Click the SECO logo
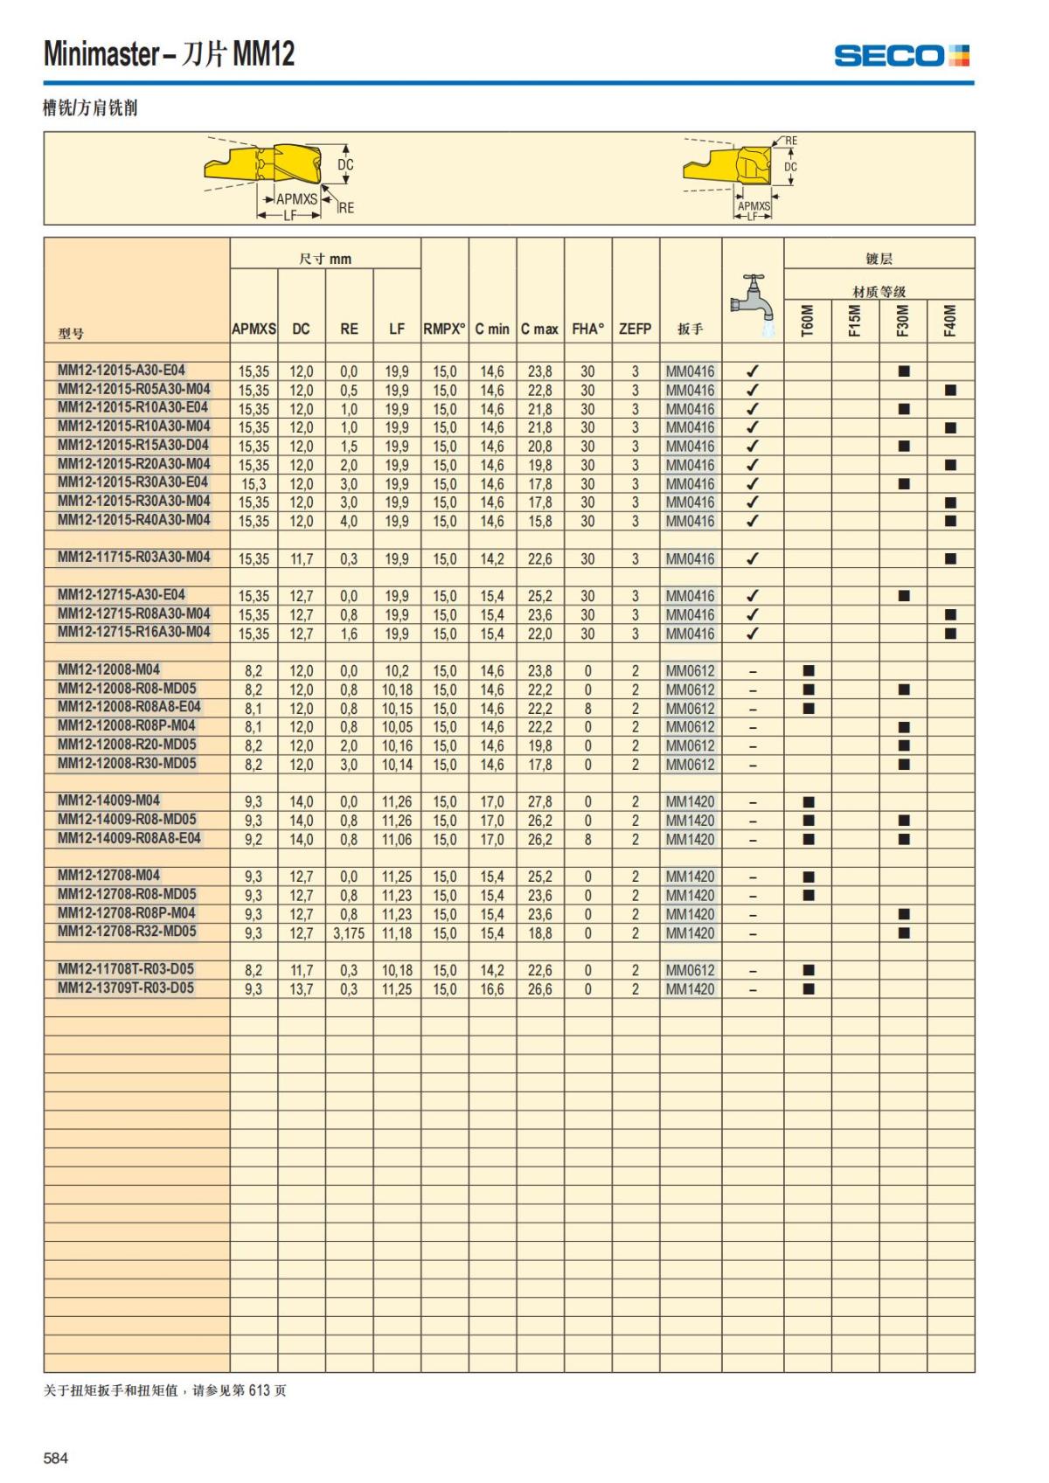(901, 56)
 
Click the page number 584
(56, 1458)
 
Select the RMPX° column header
(444, 329)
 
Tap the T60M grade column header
(808, 320)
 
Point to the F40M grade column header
(950, 320)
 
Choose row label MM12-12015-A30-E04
(122, 371)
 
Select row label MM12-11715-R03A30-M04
(134, 558)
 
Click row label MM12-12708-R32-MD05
(127, 932)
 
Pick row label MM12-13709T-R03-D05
(126, 988)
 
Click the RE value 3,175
(349, 933)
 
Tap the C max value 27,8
(539, 802)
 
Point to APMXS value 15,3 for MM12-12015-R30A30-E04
(254, 484)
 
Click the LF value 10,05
(397, 727)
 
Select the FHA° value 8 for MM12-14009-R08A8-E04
(587, 840)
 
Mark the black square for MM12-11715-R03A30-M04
(950, 558)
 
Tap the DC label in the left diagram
(346, 164)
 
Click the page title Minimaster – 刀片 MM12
(170, 54)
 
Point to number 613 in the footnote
(260, 1390)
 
